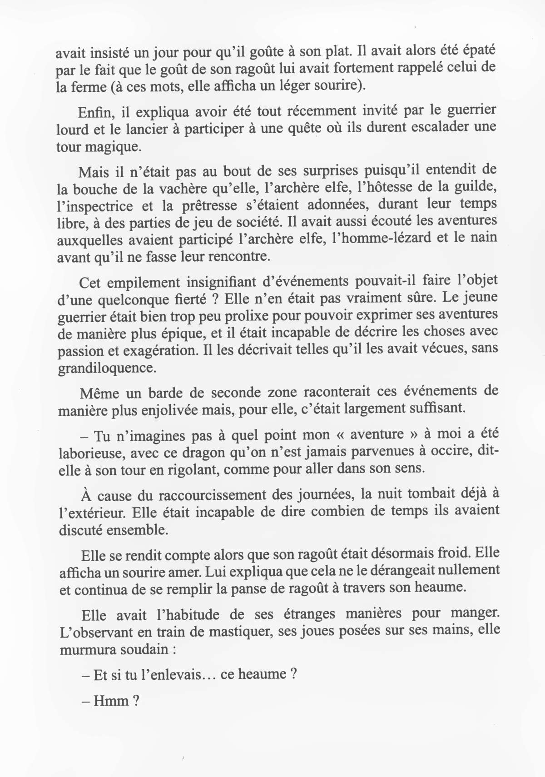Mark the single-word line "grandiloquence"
(x=107, y=368)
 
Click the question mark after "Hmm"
(x=135, y=701)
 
